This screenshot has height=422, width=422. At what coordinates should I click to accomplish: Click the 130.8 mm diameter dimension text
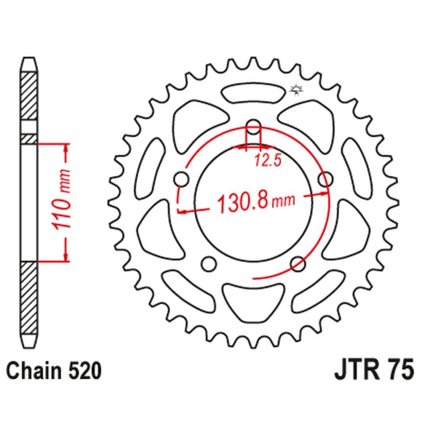(255, 201)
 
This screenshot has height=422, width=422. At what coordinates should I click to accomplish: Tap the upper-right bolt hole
(325, 179)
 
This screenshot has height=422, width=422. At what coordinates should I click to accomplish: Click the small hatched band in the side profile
(29, 138)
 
